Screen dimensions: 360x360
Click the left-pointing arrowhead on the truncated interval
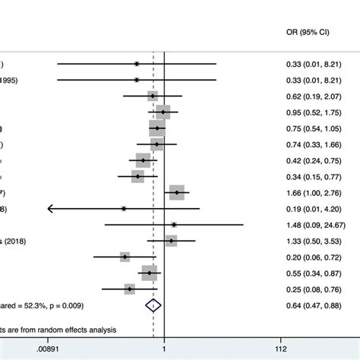click(x=50, y=208)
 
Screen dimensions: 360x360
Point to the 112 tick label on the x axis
click(x=281, y=349)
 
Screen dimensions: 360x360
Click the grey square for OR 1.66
click(x=177, y=192)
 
